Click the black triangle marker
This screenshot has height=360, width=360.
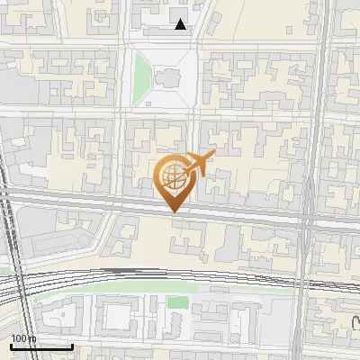(181, 24)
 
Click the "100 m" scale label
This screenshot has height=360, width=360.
(23, 338)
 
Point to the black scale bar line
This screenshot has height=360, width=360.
(40, 346)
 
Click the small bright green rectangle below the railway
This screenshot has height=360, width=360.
(178, 302)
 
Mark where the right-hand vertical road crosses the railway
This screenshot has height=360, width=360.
(307, 274)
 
